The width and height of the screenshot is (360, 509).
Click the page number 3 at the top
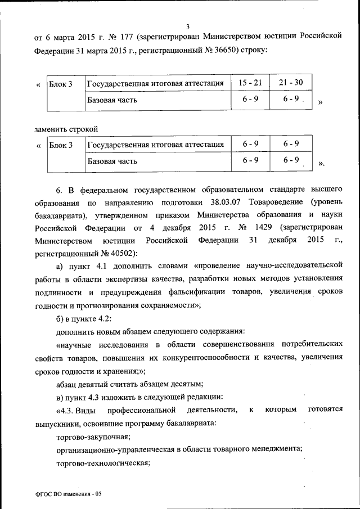coord(188,25)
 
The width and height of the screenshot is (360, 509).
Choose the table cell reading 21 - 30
coord(290,83)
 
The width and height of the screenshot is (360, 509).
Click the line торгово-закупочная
coord(93,436)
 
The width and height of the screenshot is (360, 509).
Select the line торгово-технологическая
coord(102,463)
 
